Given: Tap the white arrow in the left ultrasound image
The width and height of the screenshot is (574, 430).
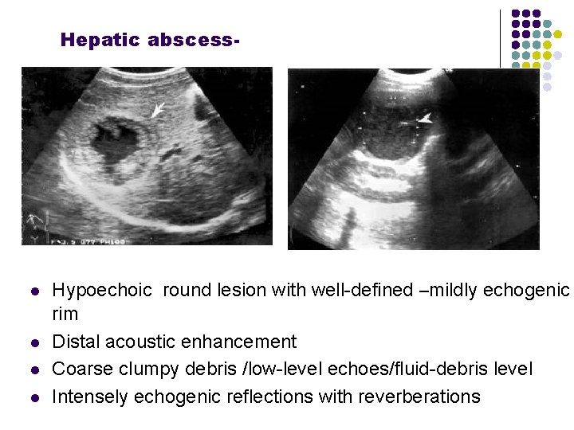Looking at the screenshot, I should click(160, 109).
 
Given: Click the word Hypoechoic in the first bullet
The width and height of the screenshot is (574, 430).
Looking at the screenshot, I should click(102, 291).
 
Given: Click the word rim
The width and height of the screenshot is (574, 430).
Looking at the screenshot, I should click(65, 315).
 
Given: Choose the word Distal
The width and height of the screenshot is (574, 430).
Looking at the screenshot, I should click(77, 342).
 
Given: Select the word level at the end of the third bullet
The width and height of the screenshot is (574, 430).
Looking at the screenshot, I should click(513, 369).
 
